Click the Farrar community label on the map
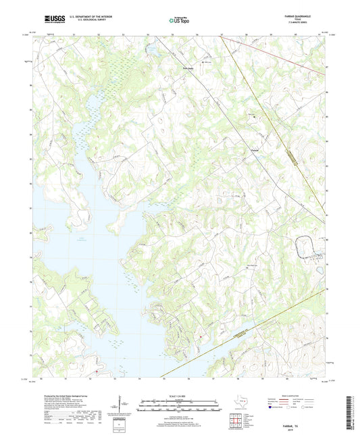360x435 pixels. [255, 150]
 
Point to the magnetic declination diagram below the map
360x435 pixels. [120, 408]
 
